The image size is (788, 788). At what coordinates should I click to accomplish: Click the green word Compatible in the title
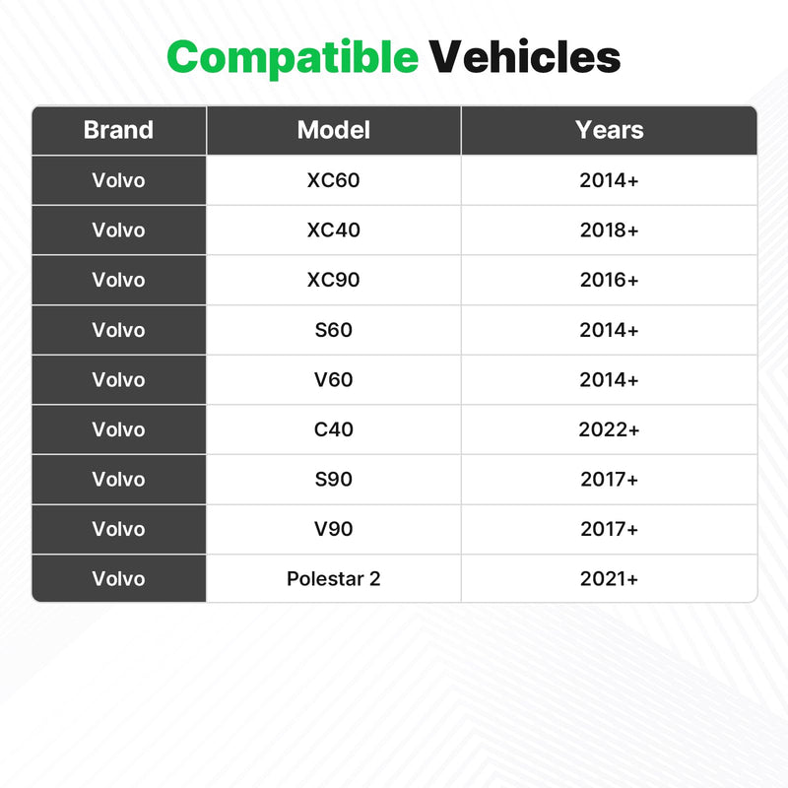click(x=293, y=58)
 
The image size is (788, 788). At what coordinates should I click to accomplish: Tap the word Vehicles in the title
click(x=525, y=56)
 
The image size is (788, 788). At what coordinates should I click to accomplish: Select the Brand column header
click(x=118, y=130)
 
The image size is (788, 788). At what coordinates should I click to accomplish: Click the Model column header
click(x=334, y=130)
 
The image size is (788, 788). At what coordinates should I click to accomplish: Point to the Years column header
click(x=609, y=130)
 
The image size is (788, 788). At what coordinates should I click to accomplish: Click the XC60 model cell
click(x=334, y=180)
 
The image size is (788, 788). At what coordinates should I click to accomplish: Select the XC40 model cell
click(x=334, y=230)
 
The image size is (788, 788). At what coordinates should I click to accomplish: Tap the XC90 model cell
click(x=334, y=280)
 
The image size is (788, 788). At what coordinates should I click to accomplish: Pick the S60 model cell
click(x=334, y=330)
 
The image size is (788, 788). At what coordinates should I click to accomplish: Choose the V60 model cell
click(x=334, y=379)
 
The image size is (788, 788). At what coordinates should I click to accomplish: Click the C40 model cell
click(x=334, y=429)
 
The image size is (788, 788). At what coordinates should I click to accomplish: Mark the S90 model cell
click(x=334, y=479)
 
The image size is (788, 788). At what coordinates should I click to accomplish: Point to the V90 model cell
click(x=334, y=529)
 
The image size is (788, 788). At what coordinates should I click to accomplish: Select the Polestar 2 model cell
click(x=334, y=578)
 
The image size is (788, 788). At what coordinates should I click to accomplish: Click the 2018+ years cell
click(x=609, y=230)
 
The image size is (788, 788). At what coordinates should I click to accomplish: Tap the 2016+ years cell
click(x=609, y=280)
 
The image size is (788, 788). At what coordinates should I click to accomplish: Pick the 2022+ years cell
click(x=609, y=429)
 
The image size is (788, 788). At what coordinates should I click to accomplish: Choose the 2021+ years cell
click(x=609, y=578)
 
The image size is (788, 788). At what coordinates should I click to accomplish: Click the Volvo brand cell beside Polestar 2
click(x=118, y=578)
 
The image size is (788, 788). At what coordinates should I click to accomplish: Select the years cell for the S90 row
click(x=609, y=479)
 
